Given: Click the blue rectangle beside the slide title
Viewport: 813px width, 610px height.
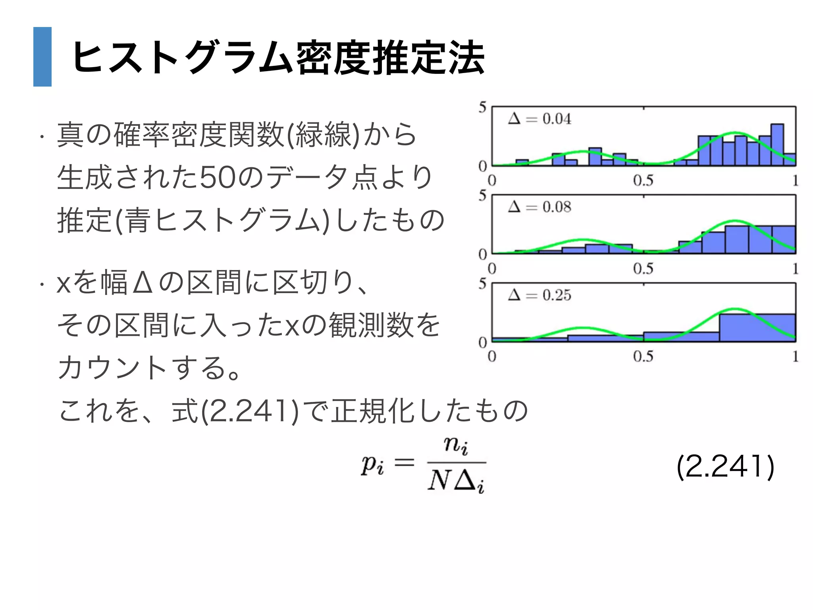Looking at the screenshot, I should (42, 57).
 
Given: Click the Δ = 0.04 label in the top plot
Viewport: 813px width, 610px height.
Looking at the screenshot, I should (539, 119).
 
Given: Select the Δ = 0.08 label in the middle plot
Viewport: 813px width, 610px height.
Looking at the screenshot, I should (539, 207).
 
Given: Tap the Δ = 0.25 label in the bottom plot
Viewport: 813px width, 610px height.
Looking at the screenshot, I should (539, 295).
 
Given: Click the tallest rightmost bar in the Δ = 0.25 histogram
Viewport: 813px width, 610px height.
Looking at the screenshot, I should (757, 328).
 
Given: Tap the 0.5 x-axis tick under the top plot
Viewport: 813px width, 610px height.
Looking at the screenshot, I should (643, 181).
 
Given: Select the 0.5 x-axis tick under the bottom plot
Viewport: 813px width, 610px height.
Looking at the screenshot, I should (643, 356).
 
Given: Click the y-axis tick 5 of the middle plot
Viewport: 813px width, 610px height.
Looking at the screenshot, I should (482, 195).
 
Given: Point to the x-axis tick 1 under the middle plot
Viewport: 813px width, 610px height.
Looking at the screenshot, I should (795, 269).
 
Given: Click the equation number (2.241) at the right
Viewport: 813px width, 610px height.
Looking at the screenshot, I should (725, 467).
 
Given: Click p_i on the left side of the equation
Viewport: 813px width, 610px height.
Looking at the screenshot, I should (372, 464).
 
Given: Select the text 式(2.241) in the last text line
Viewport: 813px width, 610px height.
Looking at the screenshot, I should (235, 411).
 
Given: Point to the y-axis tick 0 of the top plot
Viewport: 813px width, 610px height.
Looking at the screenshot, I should (482, 166).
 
